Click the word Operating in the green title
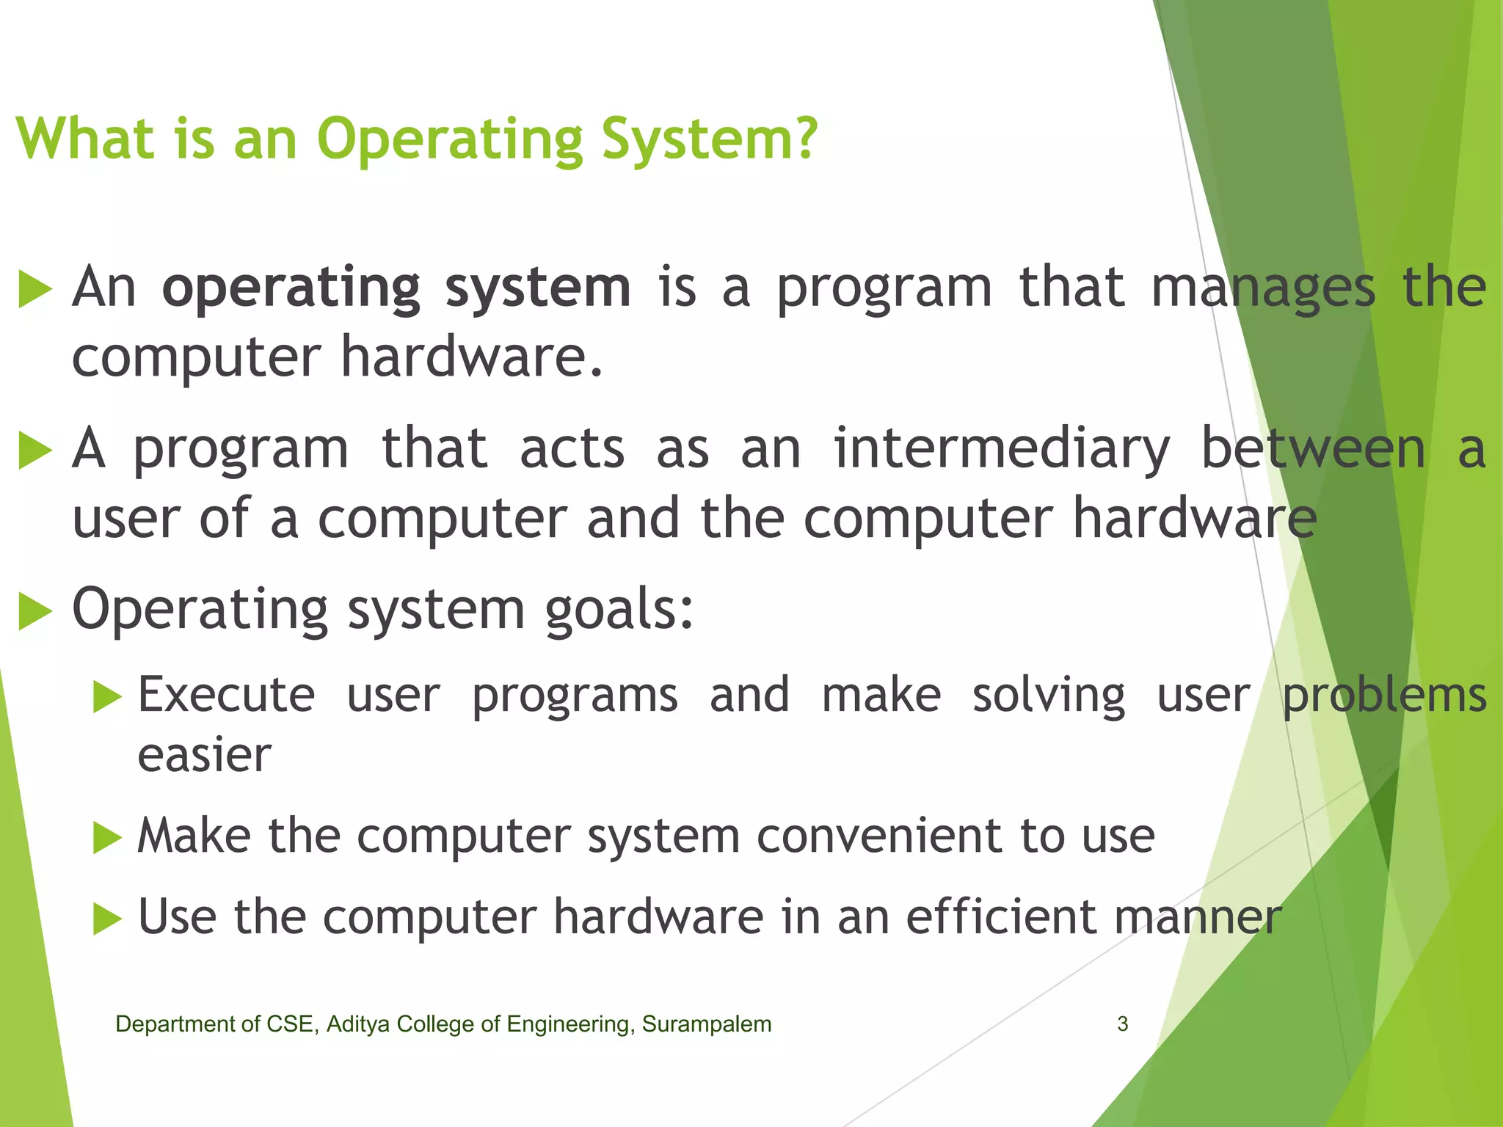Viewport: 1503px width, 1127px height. click(450, 139)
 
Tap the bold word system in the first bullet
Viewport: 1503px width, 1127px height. click(538, 288)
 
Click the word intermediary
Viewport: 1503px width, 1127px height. click(1001, 448)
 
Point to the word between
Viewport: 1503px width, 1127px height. click(1313, 448)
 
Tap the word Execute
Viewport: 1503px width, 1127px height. click(226, 695)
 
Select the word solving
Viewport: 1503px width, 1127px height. click(1049, 696)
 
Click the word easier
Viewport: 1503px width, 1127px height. click(204, 755)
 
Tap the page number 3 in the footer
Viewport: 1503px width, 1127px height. click(1122, 1024)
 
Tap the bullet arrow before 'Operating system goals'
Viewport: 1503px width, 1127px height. click(34, 610)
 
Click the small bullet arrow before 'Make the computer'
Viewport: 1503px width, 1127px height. click(107, 837)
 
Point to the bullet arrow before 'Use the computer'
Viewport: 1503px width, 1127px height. click(107, 919)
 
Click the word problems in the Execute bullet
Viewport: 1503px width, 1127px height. click(1384, 696)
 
